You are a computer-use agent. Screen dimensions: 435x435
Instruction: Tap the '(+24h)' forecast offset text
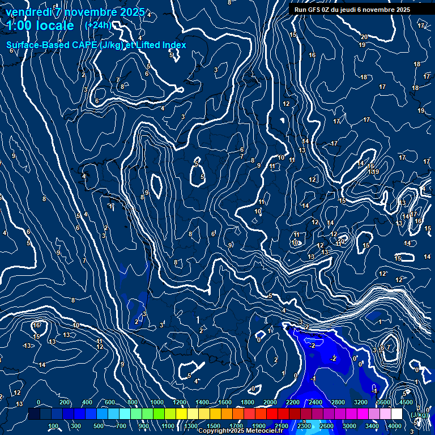tap(98, 25)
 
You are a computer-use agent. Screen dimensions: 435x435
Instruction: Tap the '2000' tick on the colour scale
tap(270, 402)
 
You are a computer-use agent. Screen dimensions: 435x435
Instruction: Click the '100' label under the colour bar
tap(54, 426)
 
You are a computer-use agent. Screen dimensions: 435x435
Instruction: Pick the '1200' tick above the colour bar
tap(179, 402)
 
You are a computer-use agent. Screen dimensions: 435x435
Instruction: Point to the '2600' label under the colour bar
tap(327, 426)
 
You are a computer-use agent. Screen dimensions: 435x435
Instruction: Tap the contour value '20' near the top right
tap(364, 37)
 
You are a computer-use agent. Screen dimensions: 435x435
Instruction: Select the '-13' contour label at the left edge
tap(27, 346)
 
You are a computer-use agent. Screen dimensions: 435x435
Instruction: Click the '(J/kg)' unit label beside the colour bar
tap(420, 415)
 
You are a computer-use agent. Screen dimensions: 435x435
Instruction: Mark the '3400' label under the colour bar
tap(372, 426)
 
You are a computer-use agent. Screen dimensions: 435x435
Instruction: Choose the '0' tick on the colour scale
tap(39, 402)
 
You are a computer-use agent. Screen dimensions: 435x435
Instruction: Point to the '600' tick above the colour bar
tap(110, 402)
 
